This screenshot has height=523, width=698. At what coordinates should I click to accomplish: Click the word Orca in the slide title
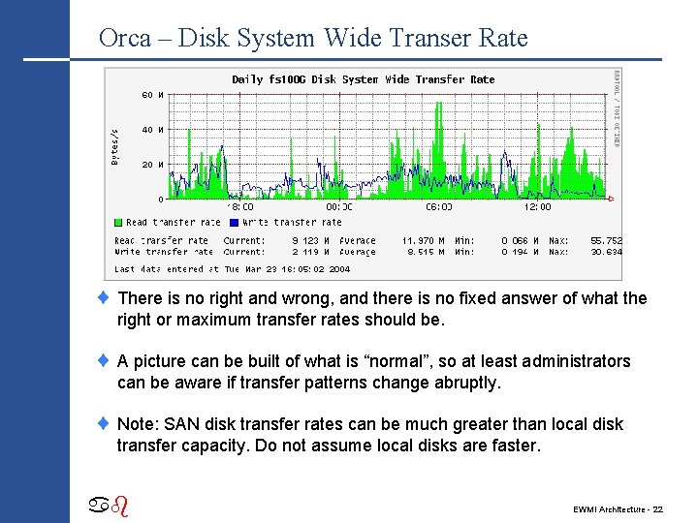click(125, 39)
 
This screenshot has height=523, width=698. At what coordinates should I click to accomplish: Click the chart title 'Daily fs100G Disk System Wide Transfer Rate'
click(363, 79)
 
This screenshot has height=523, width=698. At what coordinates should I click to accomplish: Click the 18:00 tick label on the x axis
click(240, 207)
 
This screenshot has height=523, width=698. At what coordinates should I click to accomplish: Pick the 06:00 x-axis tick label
click(439, 207)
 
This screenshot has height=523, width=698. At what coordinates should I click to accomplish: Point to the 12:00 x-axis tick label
click(537, 207)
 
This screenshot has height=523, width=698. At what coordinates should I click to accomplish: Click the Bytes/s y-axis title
click(115, 145)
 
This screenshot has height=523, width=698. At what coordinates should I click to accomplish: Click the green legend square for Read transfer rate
click(117, 223)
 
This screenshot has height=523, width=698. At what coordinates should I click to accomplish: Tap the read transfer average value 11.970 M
click(423, 240)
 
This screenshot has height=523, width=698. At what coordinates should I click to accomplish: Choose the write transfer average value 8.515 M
click(425, 252)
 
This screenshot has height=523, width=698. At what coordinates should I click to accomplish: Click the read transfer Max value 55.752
click(606, 240)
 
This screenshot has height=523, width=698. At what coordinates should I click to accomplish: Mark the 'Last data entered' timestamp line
click(232, 269)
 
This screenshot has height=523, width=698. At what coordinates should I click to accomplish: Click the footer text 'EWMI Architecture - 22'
click(618, 508)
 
